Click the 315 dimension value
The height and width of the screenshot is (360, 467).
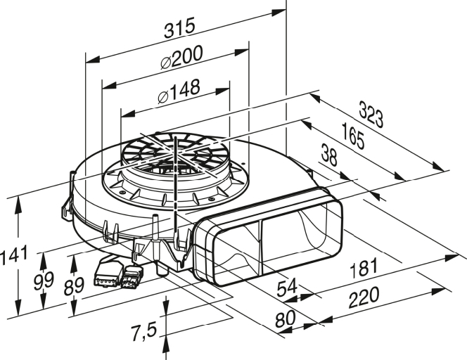179,29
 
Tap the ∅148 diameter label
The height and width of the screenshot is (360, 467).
180,89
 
